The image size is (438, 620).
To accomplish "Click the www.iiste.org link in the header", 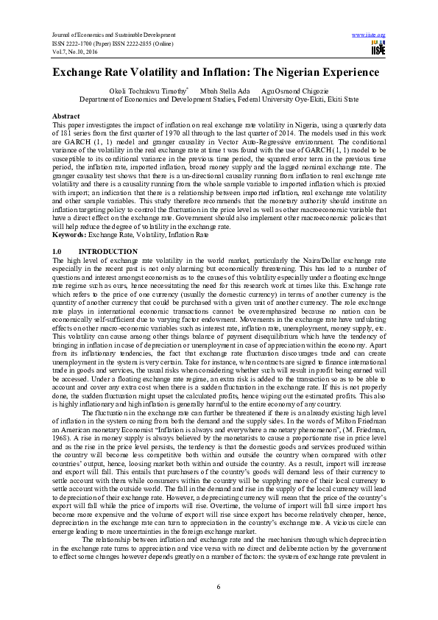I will click(370, 34).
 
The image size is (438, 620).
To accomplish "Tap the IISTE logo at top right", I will click(378, 49).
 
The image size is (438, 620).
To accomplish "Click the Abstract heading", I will click(68, 116).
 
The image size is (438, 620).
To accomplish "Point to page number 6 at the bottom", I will click(219, 585).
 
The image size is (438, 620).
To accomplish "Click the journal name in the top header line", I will click(104, 34).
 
